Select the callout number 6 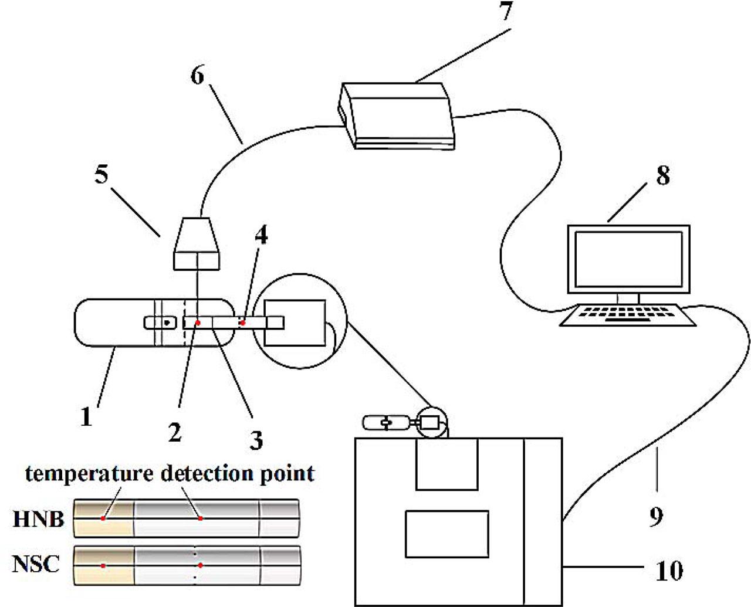[x=198, y=75]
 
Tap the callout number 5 [x=102, y=175]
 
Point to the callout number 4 [x=261, y=235]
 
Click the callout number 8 [x=662, y=175]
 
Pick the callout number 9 [x=656, y=516]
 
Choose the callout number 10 [x=668, y=569]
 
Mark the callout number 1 [x=86, y=417]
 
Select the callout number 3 [x=256, y=440]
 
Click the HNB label [x=38, y=519]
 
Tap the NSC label [x=36, y=564]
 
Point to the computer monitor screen [x=628, y=259]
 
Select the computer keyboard [x=627, y=315]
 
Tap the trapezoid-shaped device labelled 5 [x=197, y=244]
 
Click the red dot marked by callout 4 [x=242, y=323]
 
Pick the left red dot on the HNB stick [x=103, y=518]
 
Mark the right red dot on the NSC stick [x=201, y=565]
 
